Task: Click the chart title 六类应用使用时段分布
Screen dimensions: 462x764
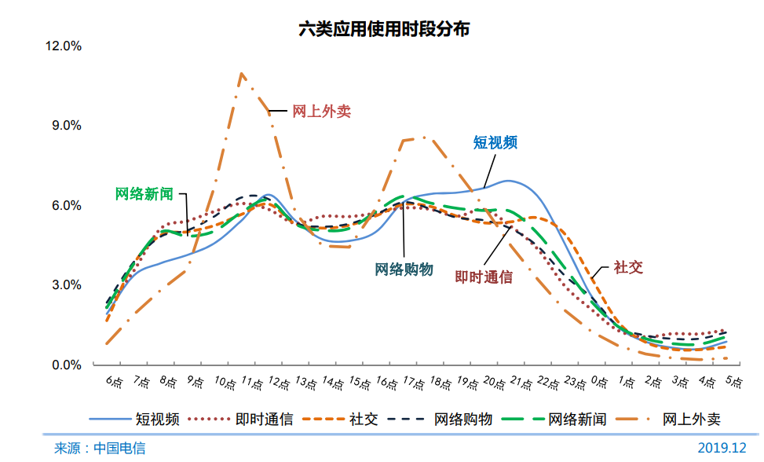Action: pyautogui.click(x=384, y=29)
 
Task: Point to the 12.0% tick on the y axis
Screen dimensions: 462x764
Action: pyautogui.click(x=64, y=46)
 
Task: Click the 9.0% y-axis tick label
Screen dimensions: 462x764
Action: pyautogui.click(x=67, y=126)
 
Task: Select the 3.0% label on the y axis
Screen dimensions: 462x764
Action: pyautogui.click(x=67, y=285)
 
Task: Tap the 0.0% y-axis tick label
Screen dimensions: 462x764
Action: pyautogui.click(x=67, y=365)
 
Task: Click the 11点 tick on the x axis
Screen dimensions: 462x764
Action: pyautogui.click(x=251, y=384)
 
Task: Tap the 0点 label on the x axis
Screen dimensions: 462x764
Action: pyautogui.click(x=600, y=383)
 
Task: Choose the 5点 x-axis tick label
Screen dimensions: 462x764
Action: pyautogui.click(x=734, y=383)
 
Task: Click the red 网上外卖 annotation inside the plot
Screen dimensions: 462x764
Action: pyautogui.click(x=321, y=112)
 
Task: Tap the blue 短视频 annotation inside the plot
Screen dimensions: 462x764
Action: pyautogui.click(x=495, y=142)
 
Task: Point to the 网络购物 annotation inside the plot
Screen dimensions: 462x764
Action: pyautogui.click(x=404, y=269)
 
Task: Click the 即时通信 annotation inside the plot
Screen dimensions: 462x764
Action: pyautogui.click(x=484, y=277)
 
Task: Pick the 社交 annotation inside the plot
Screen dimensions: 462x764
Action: pyautogui.click(x=628, y=267)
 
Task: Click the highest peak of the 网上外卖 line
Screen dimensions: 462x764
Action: pyautogui.click(x=242, y=74)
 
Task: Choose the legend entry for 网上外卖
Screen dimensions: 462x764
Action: pyautogui.click(x=692, y=419)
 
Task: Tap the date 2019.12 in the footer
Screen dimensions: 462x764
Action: pyautogui.click(x=722, y=448)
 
